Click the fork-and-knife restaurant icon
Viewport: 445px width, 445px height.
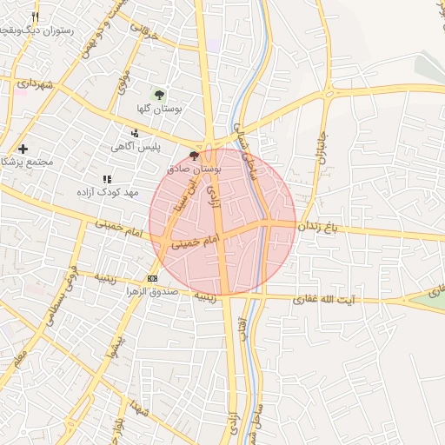coord(35,17)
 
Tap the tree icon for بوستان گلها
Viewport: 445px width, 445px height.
coord(159,94)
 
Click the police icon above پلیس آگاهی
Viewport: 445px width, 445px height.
coord(135,133)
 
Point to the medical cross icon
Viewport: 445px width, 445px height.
coord(23,149)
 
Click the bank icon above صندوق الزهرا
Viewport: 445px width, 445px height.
coord(153,277)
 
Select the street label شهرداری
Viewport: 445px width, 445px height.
coord(35,85)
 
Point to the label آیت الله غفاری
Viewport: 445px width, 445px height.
coord(359,299)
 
